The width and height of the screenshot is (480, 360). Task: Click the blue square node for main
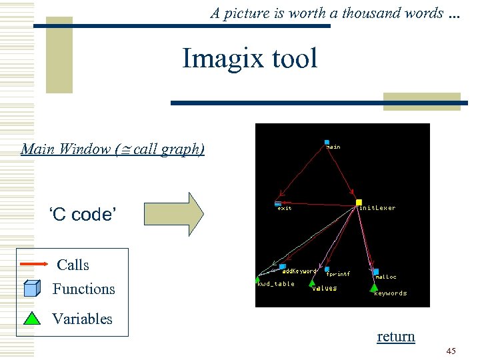click(x=327, y=142)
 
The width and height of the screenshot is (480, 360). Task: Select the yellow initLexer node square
click(x=359, y=203)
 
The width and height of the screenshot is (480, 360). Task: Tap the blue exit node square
click(x=278, y=203)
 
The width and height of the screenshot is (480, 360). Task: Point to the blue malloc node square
click(x=375, y=271)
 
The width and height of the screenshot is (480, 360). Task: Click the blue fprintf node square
click(x=327, y=269)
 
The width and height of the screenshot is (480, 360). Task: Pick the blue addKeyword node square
click(x=283, y=267)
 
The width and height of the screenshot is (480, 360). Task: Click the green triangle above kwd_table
click(x=258, y=279)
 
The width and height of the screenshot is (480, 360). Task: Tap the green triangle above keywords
click(x=373, y=287)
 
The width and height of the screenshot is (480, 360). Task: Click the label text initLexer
click(x=377, y=208)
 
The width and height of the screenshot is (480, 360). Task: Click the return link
click(x=396, y=337)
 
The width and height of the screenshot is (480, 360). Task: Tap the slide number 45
click(x=451, y=351)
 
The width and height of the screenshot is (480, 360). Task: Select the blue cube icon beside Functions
click(x=32, y=289)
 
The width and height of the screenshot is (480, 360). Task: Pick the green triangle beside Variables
click(x=32, y=317)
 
